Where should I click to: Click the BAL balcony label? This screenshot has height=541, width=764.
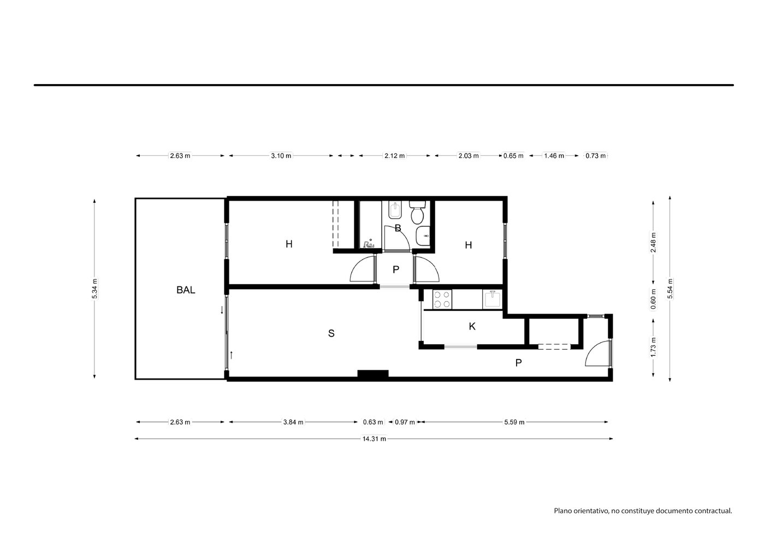(186, 290)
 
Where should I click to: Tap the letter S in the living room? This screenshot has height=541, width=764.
(331, 333)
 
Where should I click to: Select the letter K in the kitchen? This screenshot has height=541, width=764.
(472, 327)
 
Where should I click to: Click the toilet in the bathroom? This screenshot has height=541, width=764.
(417, 211)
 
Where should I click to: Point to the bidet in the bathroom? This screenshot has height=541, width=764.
(395, 210)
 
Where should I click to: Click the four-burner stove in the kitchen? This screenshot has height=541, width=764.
(442, 299)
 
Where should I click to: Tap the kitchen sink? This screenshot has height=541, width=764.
(492, 299)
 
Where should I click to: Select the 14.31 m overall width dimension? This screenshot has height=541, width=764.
(374, 439)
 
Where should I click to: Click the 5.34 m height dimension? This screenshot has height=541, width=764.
(95, 289)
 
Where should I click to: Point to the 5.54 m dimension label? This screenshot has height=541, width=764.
(670, 289)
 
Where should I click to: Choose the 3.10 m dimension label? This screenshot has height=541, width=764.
(281, 156)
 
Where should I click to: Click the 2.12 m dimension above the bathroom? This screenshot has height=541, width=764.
(395, 156)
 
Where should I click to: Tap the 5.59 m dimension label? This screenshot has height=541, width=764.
(514, 422)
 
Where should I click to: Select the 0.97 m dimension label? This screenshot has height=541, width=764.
(405, 422)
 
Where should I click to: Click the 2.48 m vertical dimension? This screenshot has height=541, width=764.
(654, 242)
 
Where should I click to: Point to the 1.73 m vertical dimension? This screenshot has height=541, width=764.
(654, 347)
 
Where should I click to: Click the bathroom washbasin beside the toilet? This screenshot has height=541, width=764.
(423, 236)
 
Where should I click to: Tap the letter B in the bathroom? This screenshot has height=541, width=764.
(398, 228)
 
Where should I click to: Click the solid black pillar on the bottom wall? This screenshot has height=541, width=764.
(373, 374)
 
